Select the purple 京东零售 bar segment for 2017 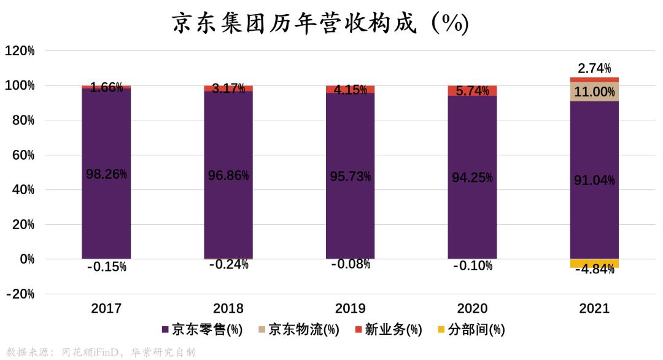106,209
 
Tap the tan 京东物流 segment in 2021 594,92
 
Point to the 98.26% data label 106,174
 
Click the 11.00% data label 594,92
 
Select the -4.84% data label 594,269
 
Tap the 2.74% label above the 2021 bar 594,68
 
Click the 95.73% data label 350,177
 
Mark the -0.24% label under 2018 228,265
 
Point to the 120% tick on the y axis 20,51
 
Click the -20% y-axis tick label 20,294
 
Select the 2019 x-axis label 350,308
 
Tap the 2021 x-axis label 594,308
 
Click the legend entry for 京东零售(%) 202,330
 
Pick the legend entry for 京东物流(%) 299,330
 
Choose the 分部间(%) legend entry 471,330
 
